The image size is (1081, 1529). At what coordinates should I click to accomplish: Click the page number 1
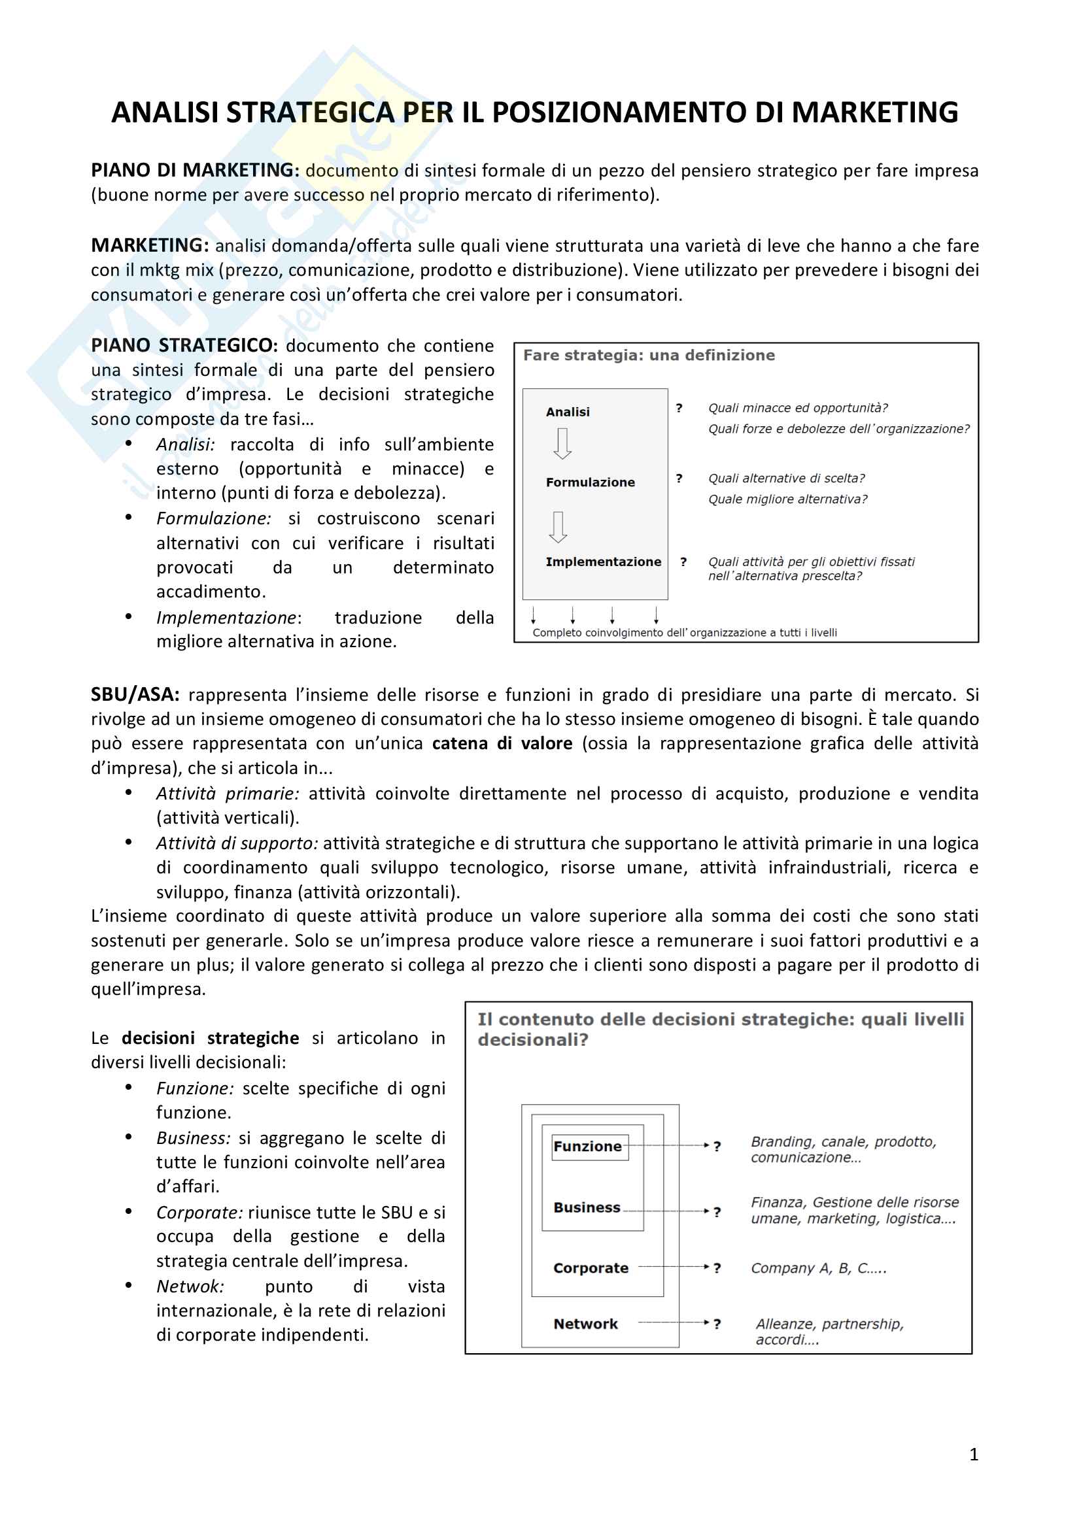coord(973,1454)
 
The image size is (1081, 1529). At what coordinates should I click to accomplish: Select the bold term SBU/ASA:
coord(135,695)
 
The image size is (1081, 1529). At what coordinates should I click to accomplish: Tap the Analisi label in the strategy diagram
coord(568,412)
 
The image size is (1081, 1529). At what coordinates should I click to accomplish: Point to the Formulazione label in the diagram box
coord(590,482)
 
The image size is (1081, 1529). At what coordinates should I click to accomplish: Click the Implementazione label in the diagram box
coord(603,562)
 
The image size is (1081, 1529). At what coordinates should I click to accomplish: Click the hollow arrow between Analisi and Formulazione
coord(562,443)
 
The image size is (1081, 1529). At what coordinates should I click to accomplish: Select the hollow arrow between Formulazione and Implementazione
coord(558,527)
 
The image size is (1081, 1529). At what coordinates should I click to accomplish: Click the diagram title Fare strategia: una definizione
coord(649,356)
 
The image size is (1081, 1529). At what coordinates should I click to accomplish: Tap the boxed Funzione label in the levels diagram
coord(587,1146)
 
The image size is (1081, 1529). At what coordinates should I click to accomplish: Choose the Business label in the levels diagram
coord(587,1207)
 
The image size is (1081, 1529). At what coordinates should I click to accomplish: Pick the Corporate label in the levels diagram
coord(591,1268)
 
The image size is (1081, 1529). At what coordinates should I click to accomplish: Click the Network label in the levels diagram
coord(585,1324)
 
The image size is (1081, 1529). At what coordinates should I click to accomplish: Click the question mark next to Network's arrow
coord(717,1324)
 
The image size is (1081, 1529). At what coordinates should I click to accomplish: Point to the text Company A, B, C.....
coord(819,1268)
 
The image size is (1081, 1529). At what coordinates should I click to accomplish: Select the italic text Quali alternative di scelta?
coord(786,478)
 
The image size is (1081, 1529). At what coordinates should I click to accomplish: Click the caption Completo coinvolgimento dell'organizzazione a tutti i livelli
coord(684,633)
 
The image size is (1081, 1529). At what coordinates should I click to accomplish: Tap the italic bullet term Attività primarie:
coord(228,794)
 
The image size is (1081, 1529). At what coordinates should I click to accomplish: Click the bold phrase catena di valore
coord(502,743)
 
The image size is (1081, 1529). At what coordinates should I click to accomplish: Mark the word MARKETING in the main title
coord(874,112)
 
